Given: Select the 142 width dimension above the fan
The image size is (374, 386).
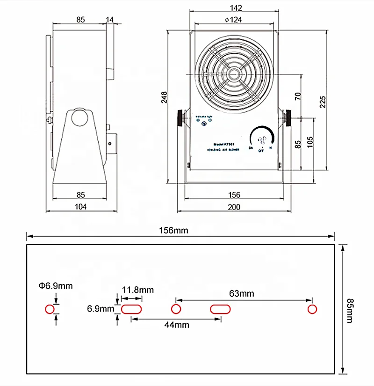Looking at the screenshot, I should click(236, 7).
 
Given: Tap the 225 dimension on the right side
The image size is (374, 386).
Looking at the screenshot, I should click(323, 101).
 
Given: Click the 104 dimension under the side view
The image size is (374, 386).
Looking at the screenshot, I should click(80, 207).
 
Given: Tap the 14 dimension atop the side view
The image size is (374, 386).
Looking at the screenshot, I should click(110, 19).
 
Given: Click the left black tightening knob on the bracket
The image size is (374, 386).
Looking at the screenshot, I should click(180, 117).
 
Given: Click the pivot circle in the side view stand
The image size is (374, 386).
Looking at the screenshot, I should click(79, 118).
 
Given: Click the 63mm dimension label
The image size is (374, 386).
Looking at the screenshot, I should click(242, 293).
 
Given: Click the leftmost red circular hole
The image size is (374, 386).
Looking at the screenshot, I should click(50, 309).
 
